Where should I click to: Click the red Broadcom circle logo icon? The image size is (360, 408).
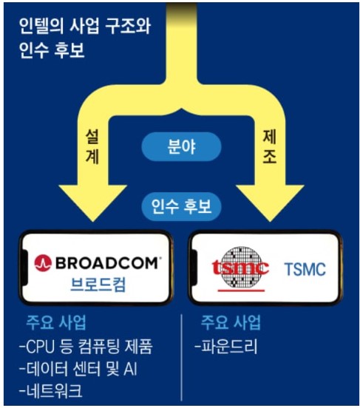click(x=43, y=263)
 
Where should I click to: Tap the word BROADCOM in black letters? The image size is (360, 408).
click(x=106, y=263)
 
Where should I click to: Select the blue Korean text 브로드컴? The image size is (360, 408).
click(x=98, y=285)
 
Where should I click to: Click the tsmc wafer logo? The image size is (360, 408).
click(x=241, y=268)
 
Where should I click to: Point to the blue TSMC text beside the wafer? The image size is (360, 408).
click(x=305, y=269)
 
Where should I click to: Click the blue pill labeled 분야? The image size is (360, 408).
click(x=181, y=147)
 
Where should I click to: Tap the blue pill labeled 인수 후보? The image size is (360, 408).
click(x=181, y=207)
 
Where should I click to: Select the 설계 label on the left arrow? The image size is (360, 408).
click(x=92, y=147)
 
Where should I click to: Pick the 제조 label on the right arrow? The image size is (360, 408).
click(x=270, y=147)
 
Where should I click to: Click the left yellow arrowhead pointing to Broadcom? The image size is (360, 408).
click(x=92, y=200)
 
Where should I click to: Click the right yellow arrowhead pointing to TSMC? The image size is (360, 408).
click(x=271, y=200)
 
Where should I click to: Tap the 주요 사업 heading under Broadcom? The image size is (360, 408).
click(x=56, y=323)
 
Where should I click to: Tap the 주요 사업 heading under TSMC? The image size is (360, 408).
click(x=231, y=323)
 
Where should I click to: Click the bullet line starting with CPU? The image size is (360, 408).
click(x=86, y=347)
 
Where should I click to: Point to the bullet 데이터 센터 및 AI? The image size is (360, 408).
click(x=78, y=369)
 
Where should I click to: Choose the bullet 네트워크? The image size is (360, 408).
click(x=51, y=390)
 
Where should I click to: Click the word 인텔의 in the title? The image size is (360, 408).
click(x=41, y=27)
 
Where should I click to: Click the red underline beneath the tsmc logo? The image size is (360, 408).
click(x=241, y=290)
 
